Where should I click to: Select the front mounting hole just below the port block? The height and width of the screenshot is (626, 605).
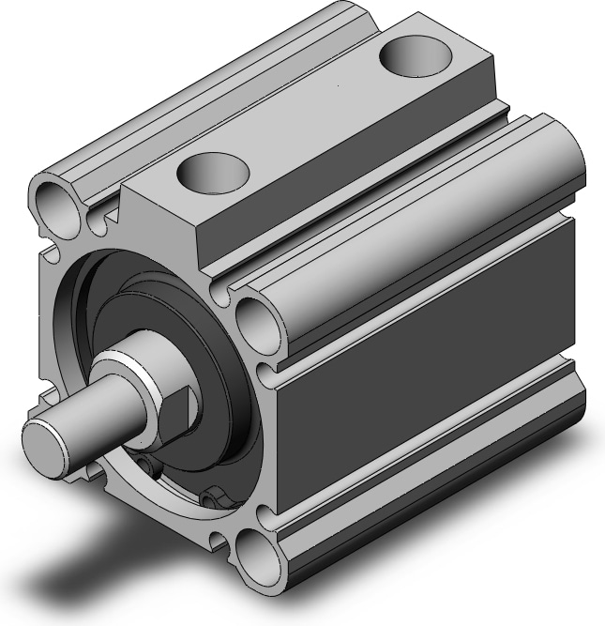click(256, 319)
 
